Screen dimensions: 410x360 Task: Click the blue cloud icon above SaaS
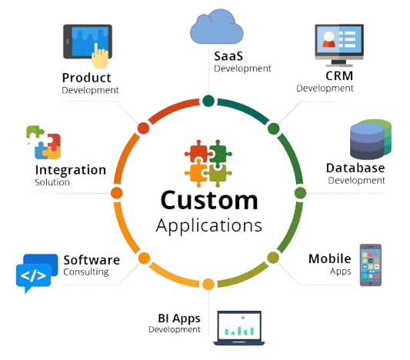216,27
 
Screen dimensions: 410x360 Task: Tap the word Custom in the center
209,200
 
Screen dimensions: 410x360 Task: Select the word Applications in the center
209,226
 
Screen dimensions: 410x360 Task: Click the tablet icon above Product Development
88,45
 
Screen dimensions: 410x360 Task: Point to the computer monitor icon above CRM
339,45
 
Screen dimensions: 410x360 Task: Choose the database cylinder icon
371,139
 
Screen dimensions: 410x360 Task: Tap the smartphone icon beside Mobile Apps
371,265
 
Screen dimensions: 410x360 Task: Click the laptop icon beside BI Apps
239,328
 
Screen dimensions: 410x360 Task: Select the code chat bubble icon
37,273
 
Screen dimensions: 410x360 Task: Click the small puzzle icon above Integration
44,142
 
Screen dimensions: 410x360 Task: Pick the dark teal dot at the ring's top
208,101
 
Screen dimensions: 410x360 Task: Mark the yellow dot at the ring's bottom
208,284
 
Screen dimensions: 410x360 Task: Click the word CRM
339,76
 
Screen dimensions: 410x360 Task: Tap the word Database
355,168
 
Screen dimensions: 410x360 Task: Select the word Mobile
330,258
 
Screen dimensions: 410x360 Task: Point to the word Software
92,260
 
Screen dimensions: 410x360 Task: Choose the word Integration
71,171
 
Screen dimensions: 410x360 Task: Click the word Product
87,78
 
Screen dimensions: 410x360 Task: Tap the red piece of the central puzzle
198,152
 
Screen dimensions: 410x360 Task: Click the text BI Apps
179,318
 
